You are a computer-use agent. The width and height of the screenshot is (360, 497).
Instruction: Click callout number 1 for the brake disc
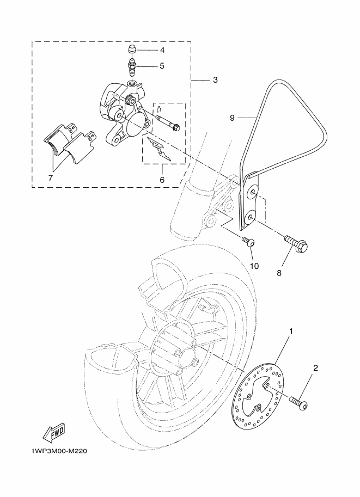pos(291,332)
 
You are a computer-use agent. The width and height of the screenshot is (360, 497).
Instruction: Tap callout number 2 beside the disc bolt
pos(315,368)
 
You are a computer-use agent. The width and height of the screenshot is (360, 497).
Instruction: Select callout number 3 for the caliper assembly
pos(215,80)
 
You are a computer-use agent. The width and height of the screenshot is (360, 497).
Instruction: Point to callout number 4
pos(162,50)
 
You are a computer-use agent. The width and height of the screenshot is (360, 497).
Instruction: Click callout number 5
pos(162,66)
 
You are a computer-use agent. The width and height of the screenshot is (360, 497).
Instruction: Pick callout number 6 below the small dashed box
pos(162,180)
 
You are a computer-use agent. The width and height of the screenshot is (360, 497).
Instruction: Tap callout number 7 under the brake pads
pos(51,177)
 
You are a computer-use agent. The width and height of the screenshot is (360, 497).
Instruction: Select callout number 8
pos(279,273)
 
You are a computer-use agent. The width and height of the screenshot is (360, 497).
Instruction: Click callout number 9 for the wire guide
pos(232,118)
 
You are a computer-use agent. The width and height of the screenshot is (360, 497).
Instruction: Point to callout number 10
pos(254,266)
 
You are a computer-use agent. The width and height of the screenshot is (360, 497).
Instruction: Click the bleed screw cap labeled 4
pos(132,50)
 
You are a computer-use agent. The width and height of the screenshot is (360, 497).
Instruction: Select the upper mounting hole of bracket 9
pos(252,192)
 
